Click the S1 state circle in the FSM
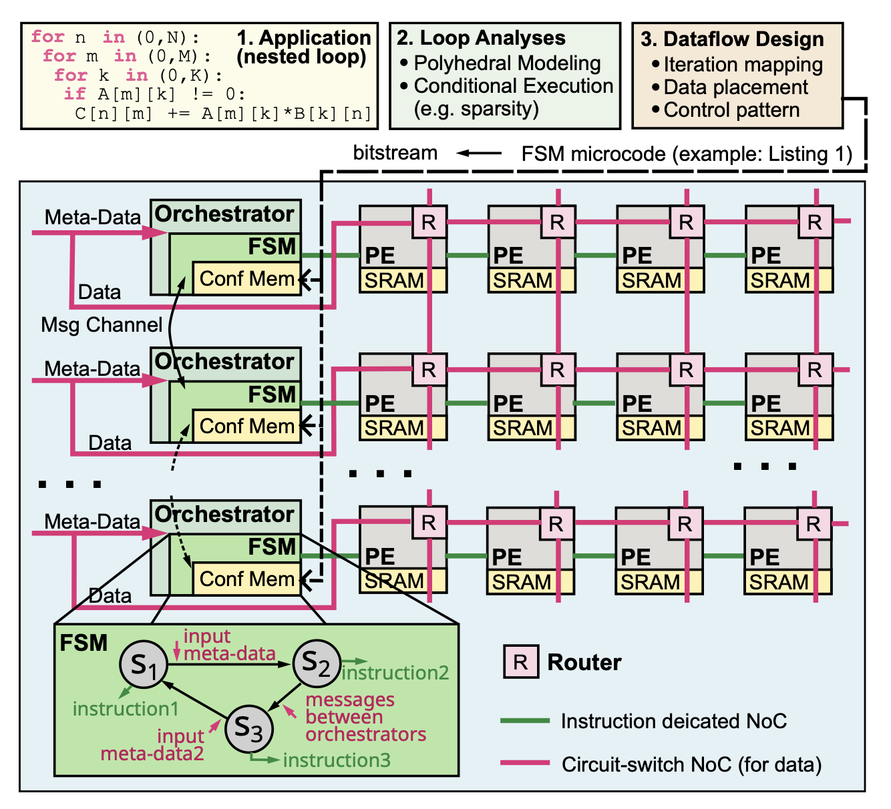(142, 665)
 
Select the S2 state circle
(317, 663)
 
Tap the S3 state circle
(248, 729)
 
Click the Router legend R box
(521, 662)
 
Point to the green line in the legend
(525, 721)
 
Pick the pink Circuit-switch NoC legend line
(525, 763)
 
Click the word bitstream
(395, 153)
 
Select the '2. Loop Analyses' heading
(481, 38)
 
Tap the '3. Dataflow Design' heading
(732, 39)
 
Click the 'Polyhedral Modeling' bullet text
(507, 63)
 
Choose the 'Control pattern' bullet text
(731, 110)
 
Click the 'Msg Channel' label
(102, 325)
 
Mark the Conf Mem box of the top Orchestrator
(246, 278)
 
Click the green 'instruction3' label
(337, 760)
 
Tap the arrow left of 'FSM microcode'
(479, 154)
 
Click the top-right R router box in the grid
(815, 222)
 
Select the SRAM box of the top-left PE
(395, 280)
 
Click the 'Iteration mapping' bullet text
(743, 65)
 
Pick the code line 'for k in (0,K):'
(138, 75)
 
